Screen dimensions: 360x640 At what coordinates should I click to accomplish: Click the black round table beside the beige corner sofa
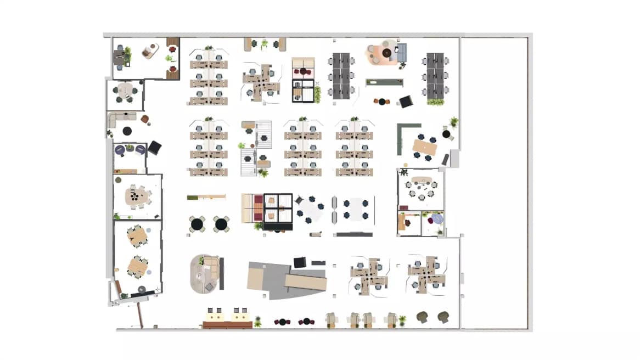pos(127,131)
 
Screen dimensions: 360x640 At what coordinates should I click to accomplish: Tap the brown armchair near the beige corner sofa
pos(145,119)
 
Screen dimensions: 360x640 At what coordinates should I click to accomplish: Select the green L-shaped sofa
pos(401,137)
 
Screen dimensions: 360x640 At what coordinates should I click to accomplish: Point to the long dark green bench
pos(385,82)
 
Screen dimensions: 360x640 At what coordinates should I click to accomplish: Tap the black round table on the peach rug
pos(387,53)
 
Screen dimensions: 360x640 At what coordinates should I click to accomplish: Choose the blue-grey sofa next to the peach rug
pos(402,53)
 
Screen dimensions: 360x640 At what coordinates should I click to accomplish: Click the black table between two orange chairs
pos(382,102)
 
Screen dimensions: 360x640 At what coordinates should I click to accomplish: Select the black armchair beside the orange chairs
pos(406,102)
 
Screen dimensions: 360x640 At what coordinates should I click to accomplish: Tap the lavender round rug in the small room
pos(437,219)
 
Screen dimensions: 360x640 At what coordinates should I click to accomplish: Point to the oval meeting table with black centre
pos(137,196)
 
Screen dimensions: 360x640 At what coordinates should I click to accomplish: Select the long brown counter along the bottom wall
pos(227,325)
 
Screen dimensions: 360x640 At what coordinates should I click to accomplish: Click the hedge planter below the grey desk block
pos(435,102)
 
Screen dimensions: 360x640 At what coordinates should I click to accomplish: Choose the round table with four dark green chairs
pos(126,91)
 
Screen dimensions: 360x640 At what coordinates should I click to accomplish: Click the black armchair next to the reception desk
pos(300,262)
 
